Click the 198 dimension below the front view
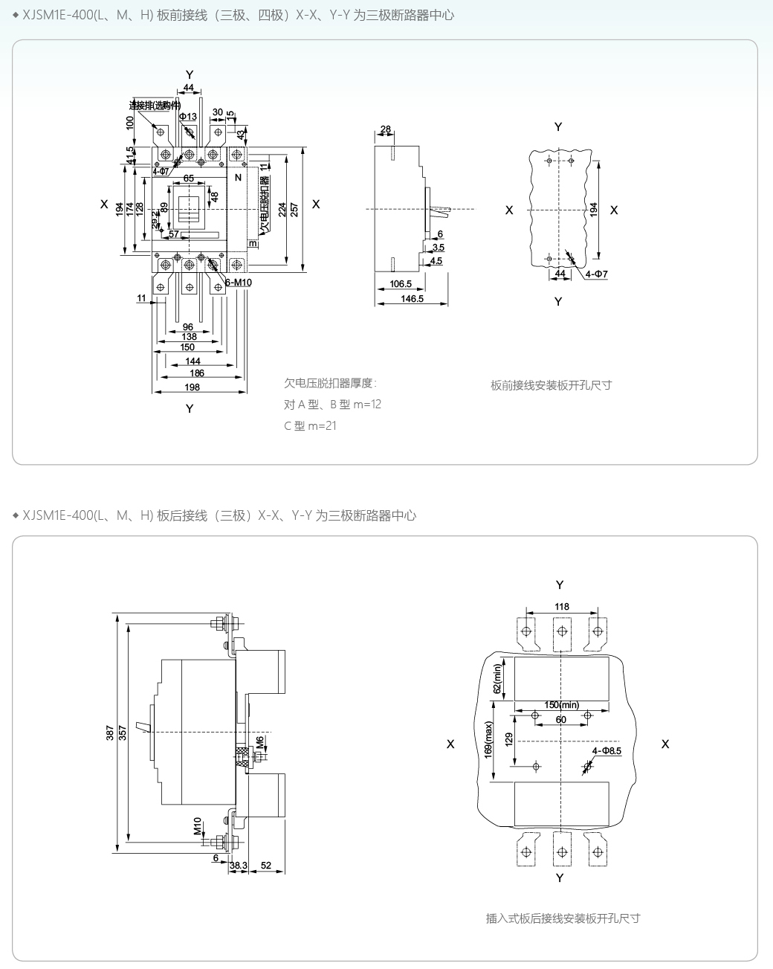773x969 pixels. click(x=193, y=387)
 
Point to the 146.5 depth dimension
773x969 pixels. click(x=412, y=298)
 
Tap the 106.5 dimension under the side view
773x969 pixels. click(x=401, y=284)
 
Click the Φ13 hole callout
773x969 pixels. click(x=188, y=117)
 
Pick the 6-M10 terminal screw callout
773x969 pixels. click(x=237, y=283)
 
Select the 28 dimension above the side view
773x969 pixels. click(x=385, y=129)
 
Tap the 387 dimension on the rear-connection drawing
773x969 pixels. click(x=111, y=734)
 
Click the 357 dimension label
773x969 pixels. click(x=123, y=734)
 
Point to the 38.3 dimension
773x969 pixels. click(x=238, y=866)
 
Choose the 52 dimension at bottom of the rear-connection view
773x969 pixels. click(x=267, y=866)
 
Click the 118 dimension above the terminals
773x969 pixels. click(x=562, y=606)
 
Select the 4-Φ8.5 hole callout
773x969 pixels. click(x=607, y=750)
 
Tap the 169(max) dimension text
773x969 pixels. click(x=488, y=750)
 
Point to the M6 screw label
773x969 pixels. click(x=259, y=741)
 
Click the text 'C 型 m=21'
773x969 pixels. click(x=310, y=426)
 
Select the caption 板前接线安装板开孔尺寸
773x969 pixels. click(x=552, y=384)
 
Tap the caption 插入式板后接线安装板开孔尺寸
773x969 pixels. click(x=563, y=918)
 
